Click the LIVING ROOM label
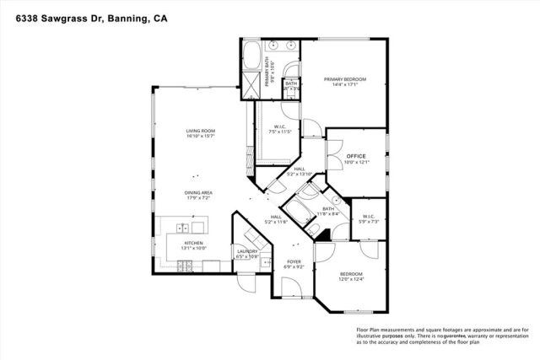click(x=201, y=131)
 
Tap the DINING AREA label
click(x=198, y=193)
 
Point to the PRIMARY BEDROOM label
click(x=343, y=79)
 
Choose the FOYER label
click(x=294, y=262)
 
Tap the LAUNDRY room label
click(x=246, y=251)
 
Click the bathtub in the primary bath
click(x=250, y=60)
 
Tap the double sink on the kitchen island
click(x=180, y=228)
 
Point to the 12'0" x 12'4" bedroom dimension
click(x=351, y=280)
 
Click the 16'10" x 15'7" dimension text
click(x=201, y=137)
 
